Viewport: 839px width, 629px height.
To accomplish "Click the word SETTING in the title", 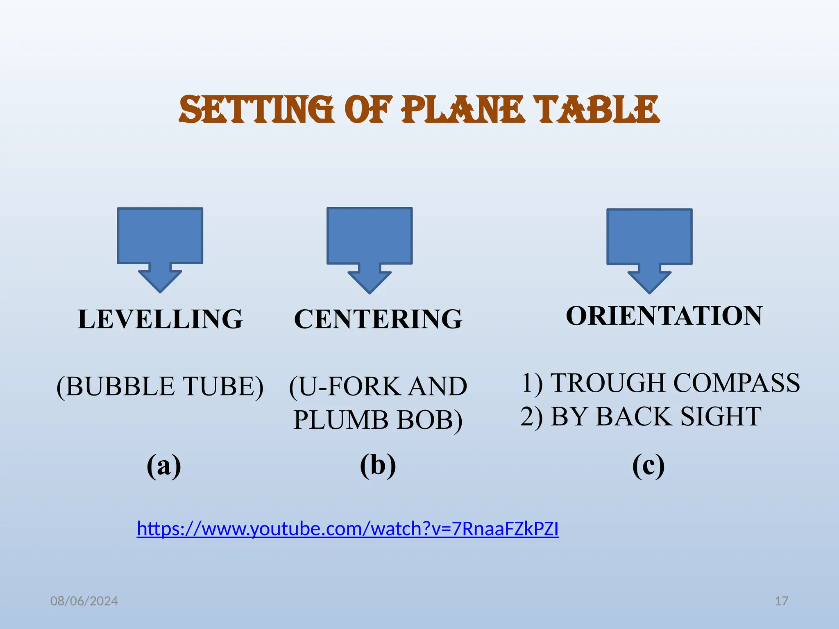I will pos(256,109).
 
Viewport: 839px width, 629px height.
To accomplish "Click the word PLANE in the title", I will pos(463,109).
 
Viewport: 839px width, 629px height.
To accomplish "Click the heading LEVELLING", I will pos(160,319).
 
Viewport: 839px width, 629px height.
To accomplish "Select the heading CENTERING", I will pos(378,319).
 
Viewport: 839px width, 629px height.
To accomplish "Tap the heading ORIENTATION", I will pos(664,316).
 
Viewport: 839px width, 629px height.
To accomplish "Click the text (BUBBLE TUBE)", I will pos(160,386).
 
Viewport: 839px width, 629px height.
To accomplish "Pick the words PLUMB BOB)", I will pos(378,420).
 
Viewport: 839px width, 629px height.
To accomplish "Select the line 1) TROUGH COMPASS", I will pos(660,383).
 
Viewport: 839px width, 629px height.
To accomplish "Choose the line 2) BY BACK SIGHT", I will pos(641,416).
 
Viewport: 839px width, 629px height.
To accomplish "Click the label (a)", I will pos(164,466).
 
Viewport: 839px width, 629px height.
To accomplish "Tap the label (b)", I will pos(378,466).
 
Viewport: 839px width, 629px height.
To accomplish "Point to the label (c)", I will pos(648,466).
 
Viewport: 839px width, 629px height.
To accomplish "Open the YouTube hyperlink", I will pos(348,529).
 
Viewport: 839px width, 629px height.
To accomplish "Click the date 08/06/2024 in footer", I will pos(84,601).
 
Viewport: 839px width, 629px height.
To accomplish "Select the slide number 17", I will pos(781,601).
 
